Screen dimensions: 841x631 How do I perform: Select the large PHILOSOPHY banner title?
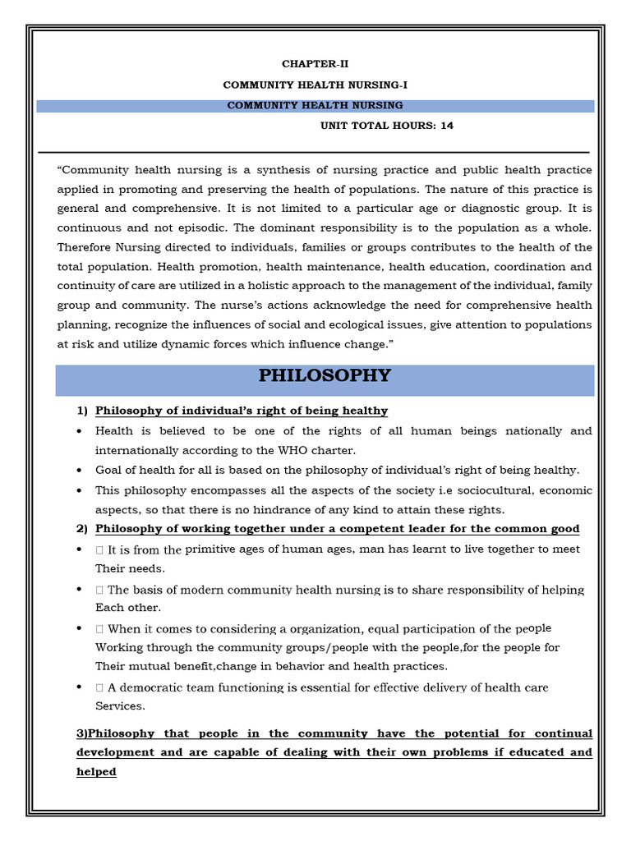[x=325, y=376]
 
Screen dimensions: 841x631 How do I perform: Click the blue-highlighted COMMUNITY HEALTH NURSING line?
[x=315, y=106]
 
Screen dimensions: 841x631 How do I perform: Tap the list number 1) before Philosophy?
[x=82, y=411]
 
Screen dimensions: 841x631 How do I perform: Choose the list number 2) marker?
[x=82, y=529]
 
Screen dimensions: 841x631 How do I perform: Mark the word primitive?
[x=214, y=549]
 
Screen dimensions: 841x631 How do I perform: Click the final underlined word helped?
[x=96, y=772]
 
